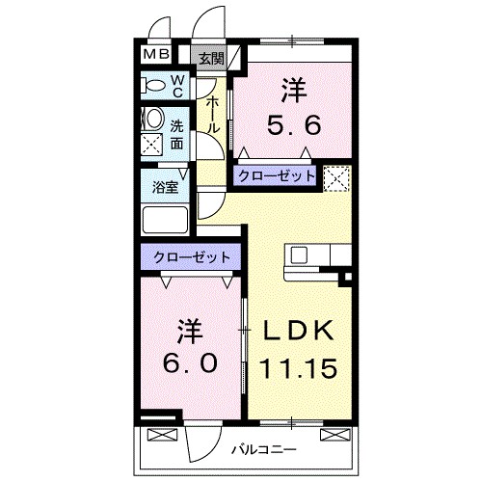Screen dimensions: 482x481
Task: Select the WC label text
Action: tap(178, 87)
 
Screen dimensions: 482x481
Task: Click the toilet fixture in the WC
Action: tap(153, 86)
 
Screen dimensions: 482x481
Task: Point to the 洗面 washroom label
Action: tap(178, 134)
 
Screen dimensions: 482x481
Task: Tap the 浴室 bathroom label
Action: tap(166, 188)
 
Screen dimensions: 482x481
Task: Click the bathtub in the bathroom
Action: tap(166, 220)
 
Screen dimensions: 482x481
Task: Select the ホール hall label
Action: tap(213, 115)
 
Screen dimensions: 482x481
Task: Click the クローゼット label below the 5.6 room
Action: tap(276, 176)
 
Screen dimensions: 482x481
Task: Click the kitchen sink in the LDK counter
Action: tap(300, 256)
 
